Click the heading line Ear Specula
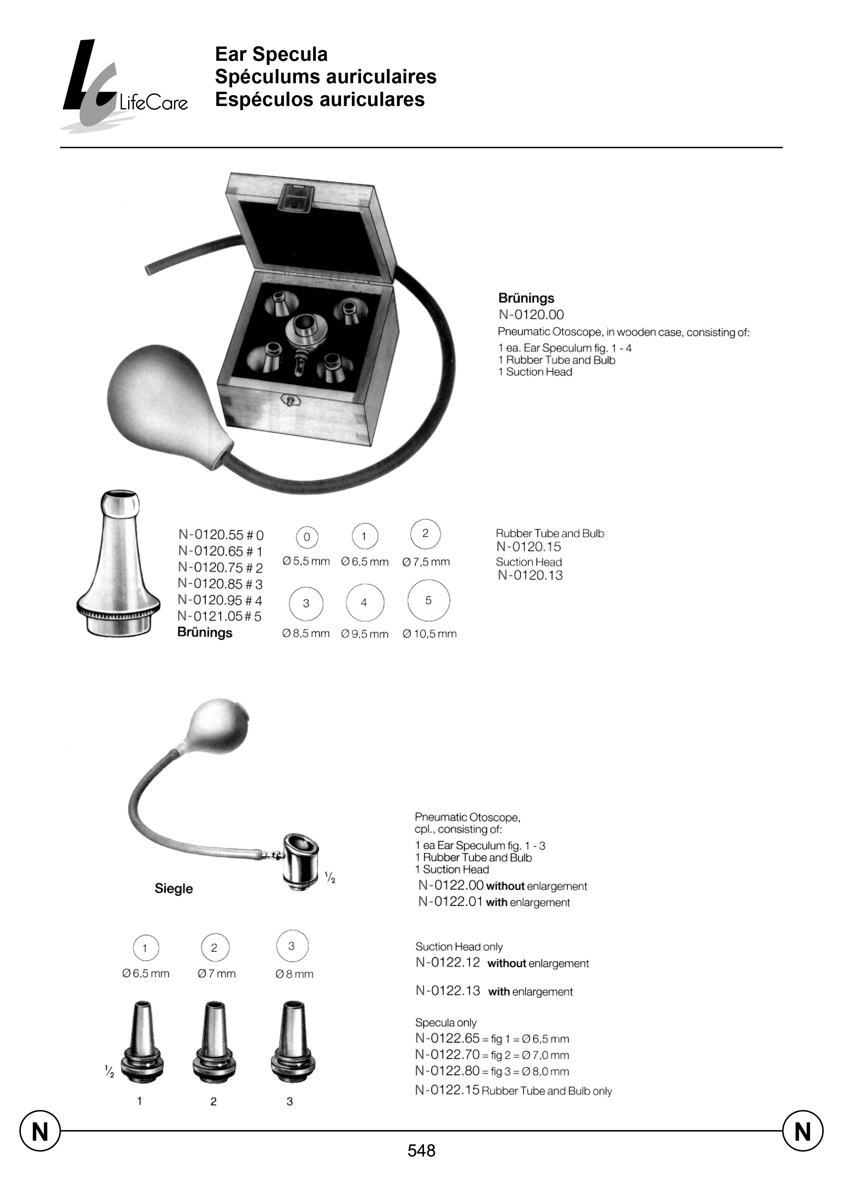coord(271,54)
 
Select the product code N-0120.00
coord(531,315)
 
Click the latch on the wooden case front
coord(291,400)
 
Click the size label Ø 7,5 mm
coord(426,562)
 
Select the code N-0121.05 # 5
coord(220,616)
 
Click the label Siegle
coord(173,889)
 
